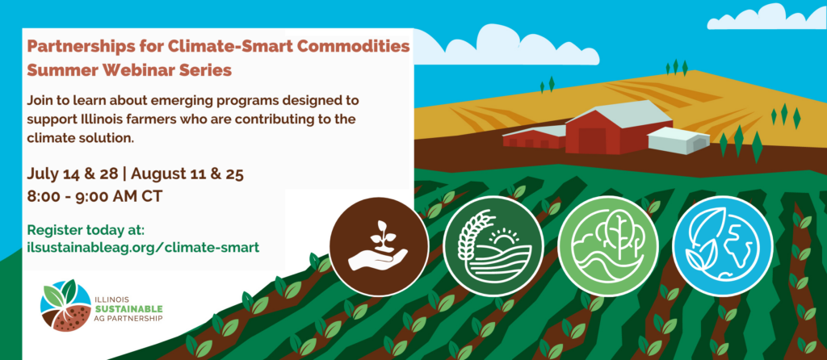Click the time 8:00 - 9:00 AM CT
[94, 197]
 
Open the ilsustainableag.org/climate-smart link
[143, 247]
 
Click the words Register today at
[86, 230]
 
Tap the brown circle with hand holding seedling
[379, 245]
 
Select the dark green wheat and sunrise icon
[493, 245]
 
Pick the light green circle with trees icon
[607, 245]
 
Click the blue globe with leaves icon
[723, 245]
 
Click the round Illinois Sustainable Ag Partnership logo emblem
[65, 306]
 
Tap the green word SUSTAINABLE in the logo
[128, 308]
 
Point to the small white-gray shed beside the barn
[678, 140]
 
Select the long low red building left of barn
[535, 136]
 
